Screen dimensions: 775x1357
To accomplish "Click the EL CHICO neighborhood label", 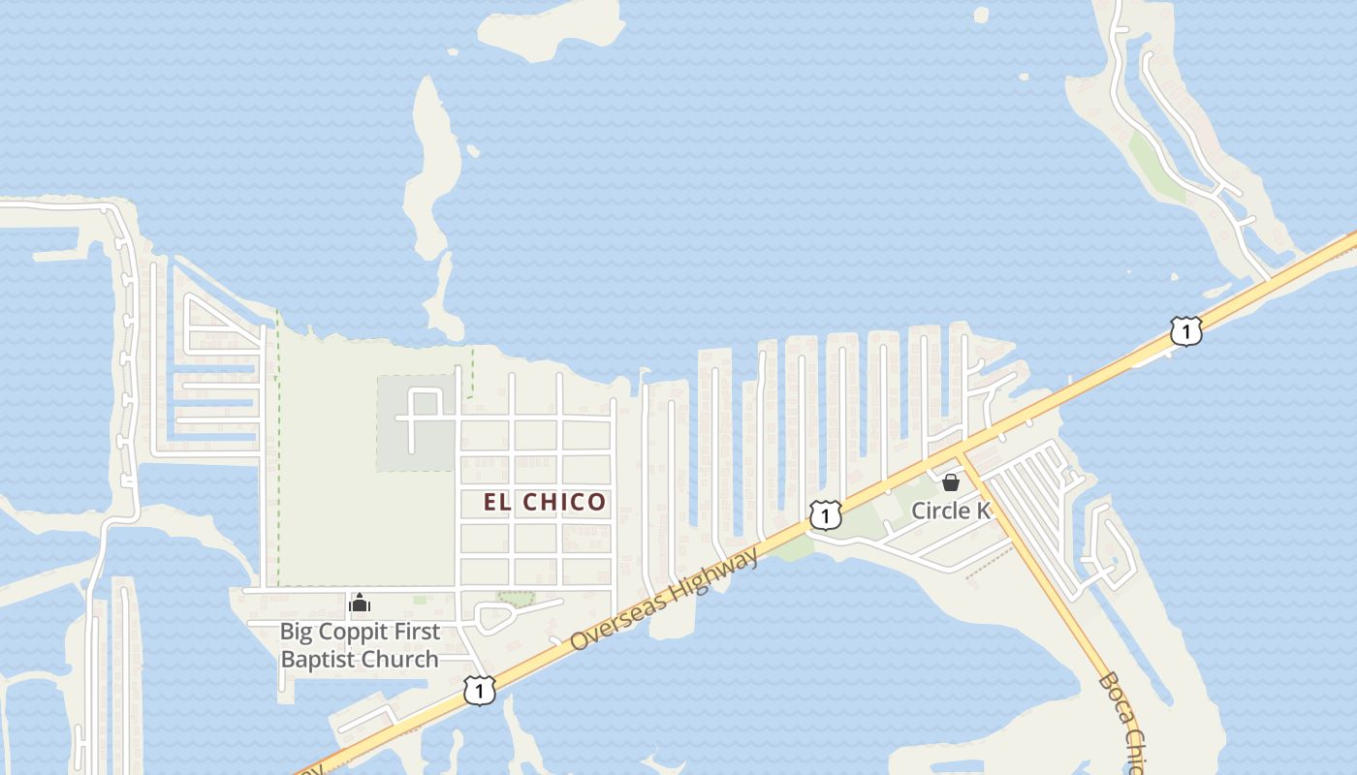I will pos(545,502).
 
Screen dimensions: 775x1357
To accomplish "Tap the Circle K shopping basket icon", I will pos(951,481).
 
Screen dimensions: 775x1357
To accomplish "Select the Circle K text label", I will pos(951,511).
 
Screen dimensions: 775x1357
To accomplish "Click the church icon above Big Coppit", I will pos(360,604).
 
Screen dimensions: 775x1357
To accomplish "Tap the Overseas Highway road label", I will pos(664,599).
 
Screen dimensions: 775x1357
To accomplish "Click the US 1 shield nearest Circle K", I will pos(825,516).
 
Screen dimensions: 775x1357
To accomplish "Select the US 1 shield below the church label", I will pos(479,690).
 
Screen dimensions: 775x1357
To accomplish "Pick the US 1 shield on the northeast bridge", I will pos(1186,331).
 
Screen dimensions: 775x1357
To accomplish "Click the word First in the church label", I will pos(418,632).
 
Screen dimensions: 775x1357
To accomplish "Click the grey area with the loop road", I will pos(415,423).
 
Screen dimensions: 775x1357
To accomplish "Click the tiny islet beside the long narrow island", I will pos(472,150).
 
